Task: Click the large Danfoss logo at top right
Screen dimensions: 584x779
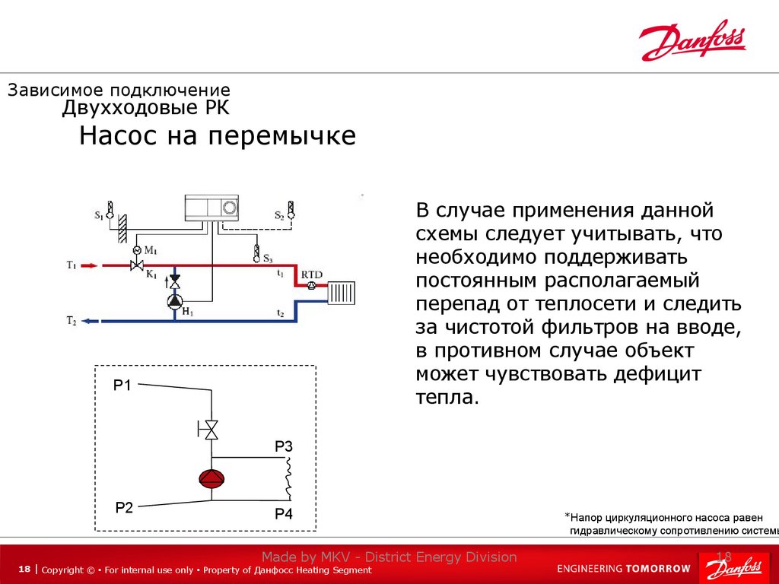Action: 692,40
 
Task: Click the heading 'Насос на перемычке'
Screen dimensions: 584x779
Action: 218,137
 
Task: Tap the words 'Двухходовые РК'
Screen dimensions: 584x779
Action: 145,108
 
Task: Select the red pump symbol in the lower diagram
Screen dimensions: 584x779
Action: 211,478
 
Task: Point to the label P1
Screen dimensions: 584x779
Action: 122,386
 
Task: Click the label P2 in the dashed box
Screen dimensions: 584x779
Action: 124,507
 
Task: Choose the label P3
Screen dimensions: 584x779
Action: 284,446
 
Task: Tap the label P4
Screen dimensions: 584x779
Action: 284,515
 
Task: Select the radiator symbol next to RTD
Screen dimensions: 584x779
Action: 341,292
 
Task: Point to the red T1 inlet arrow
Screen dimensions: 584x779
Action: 88,265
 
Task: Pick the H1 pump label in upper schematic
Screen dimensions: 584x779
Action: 188,312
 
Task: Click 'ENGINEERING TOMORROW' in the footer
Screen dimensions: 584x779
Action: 624,568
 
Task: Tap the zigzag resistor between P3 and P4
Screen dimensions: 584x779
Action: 288,480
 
